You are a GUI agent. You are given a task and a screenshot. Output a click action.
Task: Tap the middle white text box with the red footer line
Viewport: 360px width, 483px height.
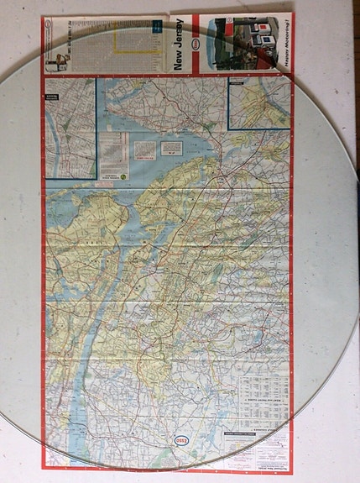145,150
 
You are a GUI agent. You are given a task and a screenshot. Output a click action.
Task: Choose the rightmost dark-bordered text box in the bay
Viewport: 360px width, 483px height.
171,147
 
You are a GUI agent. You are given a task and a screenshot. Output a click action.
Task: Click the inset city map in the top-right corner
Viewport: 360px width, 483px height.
258,106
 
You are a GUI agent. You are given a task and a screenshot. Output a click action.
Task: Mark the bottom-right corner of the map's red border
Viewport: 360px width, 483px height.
291,473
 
